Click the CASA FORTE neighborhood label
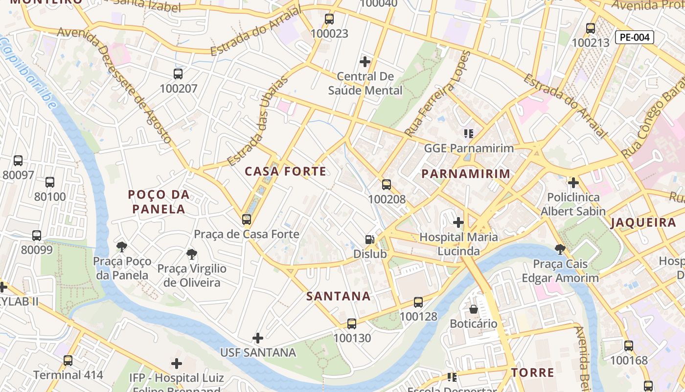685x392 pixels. [285, 171]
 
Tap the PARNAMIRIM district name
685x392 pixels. [465, 174]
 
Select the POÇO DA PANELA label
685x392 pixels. [159, 202]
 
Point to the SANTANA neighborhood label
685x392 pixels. [338, 296]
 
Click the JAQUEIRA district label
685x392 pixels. [643, 223]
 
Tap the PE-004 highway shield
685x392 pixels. [634, 37]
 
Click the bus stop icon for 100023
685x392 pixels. [329, 19]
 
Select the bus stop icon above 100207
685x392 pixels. [178, 74]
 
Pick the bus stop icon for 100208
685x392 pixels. [387, 185]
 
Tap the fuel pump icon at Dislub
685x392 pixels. [370, 240]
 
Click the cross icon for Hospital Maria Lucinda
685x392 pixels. [458, 222]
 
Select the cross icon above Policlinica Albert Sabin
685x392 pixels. [573, 183]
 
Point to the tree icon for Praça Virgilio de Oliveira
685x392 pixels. [192, 254]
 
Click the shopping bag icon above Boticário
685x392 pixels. [473, 309]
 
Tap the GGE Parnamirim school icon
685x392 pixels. [468, 133]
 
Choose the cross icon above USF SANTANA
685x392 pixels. [258, 338]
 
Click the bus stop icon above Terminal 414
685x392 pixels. [68, 361]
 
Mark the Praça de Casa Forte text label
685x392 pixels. [247, 234]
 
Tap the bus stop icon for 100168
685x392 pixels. [629, 346]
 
